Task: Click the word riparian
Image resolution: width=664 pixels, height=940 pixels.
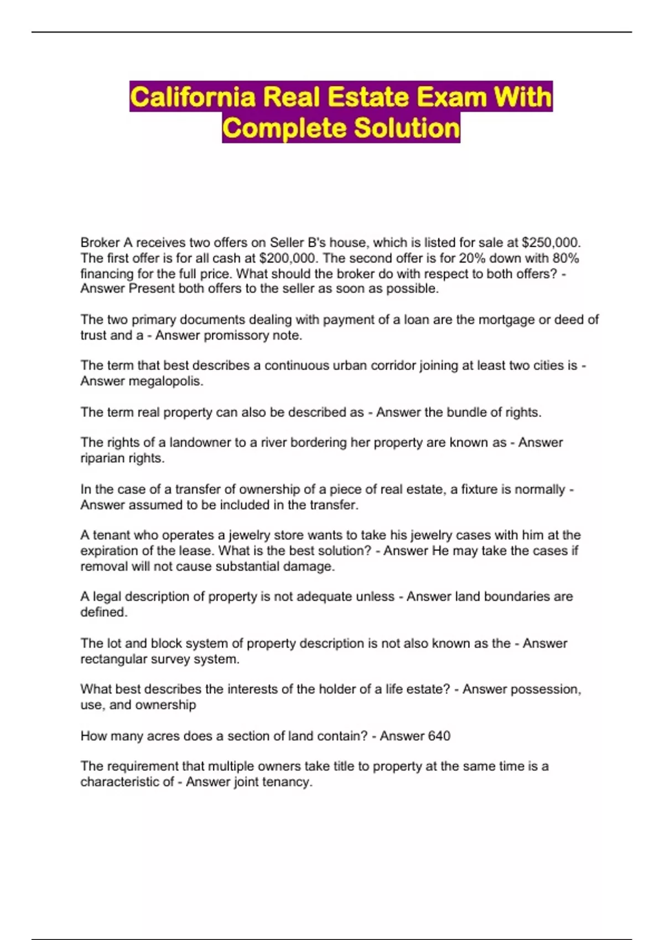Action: (x=102, y=458)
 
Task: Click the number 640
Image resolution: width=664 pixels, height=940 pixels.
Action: (x=439, y=736)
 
